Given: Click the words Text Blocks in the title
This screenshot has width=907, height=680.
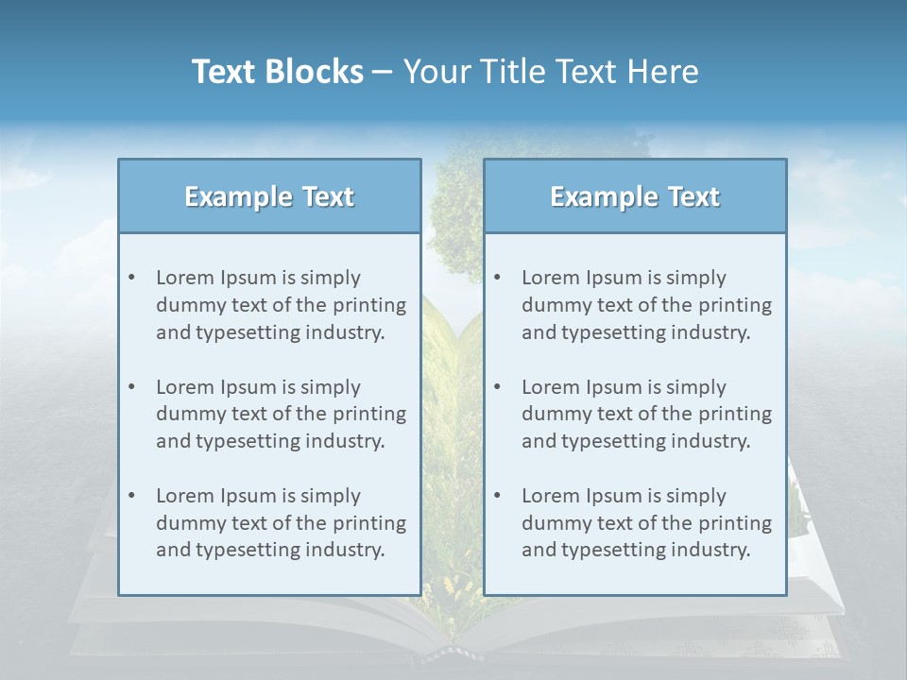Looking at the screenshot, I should click(277, 72).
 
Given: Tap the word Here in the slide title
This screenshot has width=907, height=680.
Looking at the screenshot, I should click(663, 72).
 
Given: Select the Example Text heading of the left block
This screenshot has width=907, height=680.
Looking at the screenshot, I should click(269, 196).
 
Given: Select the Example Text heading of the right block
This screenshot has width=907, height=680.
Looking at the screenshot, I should click(635, 196).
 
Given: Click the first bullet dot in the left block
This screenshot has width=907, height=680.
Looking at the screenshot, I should click(132, 278).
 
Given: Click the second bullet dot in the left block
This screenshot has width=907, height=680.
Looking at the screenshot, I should click(132, 387).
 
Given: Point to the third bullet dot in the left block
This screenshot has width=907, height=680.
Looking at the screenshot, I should click(132, 496).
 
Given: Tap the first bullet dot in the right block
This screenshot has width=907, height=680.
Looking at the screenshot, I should click(498, 278).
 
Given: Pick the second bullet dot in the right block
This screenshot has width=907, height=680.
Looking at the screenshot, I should click(498, 387).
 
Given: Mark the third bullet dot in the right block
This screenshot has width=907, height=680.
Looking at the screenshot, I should click(498, 496).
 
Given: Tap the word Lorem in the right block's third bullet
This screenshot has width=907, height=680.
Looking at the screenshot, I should click(549, 496).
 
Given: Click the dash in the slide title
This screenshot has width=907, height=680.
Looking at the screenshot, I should click(383, 72).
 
